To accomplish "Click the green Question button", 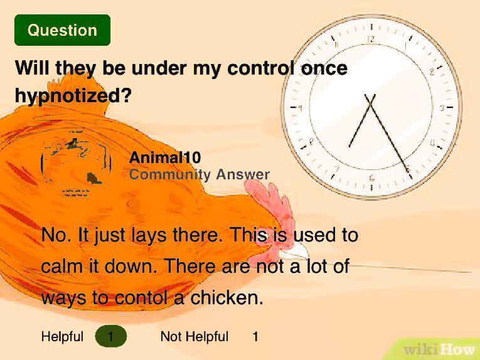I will pos(62,30).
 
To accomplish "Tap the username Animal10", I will pos(165,158).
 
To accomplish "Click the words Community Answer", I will pos(200,175).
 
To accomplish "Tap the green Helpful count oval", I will pos(111,337).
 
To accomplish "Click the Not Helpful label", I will pos(195,337).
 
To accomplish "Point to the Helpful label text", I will pos(62,337).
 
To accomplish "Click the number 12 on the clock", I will pos(371,39).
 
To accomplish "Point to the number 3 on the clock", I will pos(442,109).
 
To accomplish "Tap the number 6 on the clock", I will pos(372,178).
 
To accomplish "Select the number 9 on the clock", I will pos(301,109).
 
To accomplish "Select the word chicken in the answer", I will pos(226,298).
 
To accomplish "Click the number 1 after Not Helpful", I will pos(255,337).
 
